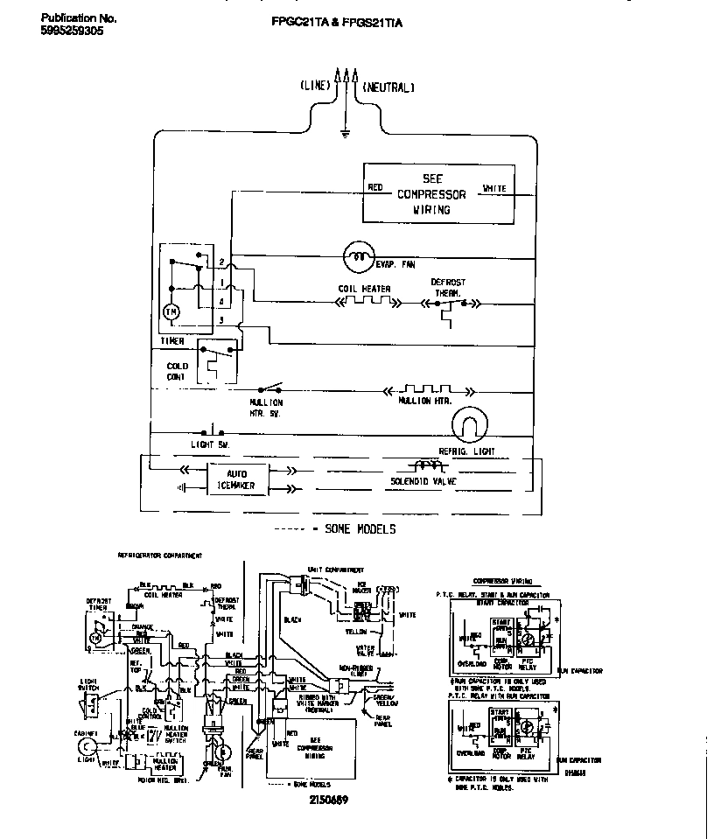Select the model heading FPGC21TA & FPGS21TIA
337,24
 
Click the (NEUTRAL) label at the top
387,87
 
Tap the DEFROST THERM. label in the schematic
448,288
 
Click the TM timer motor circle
172,311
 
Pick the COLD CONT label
178,372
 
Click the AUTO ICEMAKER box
237,480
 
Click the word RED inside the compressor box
374,187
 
